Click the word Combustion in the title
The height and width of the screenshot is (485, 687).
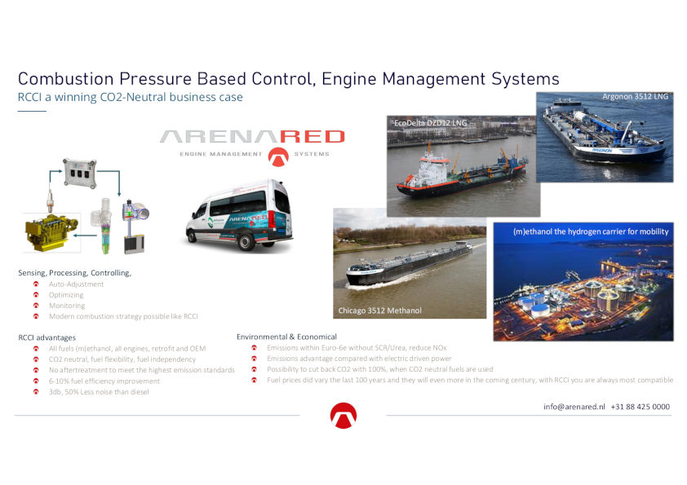[66, 79]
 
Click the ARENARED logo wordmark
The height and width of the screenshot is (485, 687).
[252, 137]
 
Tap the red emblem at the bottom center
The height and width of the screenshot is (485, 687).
[343, 416]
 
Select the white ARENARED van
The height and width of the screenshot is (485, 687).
[239, 215]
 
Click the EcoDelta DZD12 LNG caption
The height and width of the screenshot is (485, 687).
[430, 123]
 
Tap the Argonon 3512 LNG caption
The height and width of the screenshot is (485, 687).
[636, 96]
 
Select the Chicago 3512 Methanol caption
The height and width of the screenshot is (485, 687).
[380, 311]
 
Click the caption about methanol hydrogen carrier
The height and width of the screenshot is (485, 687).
[591, 231]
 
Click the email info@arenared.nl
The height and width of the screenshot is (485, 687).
[574, 407]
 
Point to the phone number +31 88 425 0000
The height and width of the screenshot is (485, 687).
[640, 407]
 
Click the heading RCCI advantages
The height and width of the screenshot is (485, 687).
[47, 337]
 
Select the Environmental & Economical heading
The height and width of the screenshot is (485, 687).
[286, 337]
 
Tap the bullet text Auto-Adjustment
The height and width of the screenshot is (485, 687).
[76, 284]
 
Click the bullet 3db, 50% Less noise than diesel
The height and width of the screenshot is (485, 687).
[99, 392]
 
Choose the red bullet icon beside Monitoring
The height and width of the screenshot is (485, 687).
[36, 306]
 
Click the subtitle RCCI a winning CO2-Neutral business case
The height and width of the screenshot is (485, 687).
[130, 97]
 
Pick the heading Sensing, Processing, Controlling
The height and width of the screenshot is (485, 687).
[74, 273]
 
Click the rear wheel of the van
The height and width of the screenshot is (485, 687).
[246, 241]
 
